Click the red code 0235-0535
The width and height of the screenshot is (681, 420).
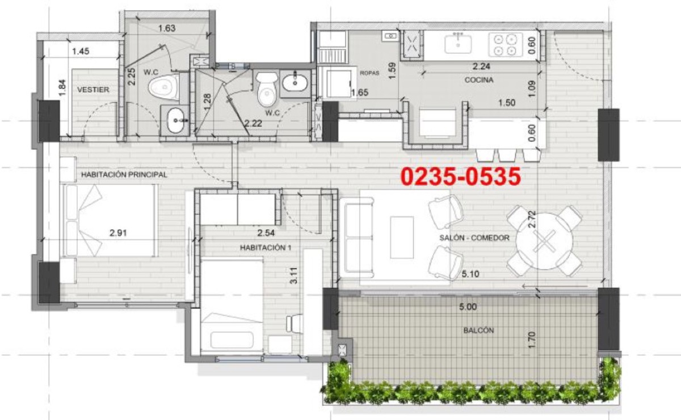pos(461,177)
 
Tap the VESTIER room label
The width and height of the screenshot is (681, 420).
pos(93,90)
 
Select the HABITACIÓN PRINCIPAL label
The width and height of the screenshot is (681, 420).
pos(124,175)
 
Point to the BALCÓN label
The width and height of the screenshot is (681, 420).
pos(478,330)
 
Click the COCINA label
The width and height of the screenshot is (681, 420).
pos(479,80)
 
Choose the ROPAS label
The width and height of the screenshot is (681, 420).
pos(369,73)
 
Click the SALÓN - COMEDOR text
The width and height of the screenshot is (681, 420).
pos(474,238)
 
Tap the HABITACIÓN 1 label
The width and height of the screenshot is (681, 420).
pos(266,247)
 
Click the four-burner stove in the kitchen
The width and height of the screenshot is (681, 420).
pos(506,45)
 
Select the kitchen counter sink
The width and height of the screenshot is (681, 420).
pos(458,44)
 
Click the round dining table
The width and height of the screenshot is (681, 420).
pos(544,241)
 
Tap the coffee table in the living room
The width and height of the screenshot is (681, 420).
pos(402,237)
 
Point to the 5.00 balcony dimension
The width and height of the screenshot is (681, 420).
pos(468,307)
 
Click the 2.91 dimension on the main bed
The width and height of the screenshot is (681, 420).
pos(118,233)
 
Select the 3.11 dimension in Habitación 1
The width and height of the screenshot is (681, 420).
pos(294,275)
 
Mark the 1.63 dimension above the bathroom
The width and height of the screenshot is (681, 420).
pos(167,28)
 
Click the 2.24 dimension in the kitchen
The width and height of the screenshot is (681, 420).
pos(481,66)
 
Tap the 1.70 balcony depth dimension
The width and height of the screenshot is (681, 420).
pos(532,341)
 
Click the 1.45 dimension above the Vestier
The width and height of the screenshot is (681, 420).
pos(81,52)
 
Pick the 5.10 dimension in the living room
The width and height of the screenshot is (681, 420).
pos(470,274)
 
